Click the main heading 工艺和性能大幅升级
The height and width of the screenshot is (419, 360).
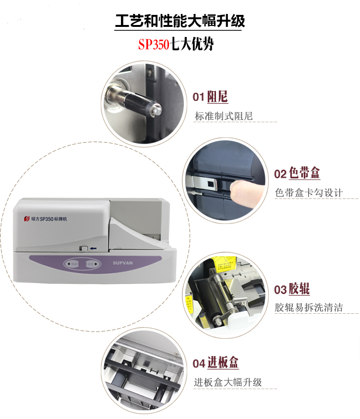[180, 22]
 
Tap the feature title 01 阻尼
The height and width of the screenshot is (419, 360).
[210, 97]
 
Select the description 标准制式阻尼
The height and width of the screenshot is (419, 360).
[224, 116]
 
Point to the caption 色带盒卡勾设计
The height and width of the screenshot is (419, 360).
[309, 193]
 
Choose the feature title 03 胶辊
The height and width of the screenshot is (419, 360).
[292, 289]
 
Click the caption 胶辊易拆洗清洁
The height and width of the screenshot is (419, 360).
[309, 308]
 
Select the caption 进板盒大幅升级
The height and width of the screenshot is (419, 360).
[228, 382]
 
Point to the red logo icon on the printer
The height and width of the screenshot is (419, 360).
[27, 218]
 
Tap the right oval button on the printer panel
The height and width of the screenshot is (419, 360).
[91, 264]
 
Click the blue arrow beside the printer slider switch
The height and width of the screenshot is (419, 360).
[93, 248]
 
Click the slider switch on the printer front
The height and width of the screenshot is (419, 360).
[84, 248]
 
